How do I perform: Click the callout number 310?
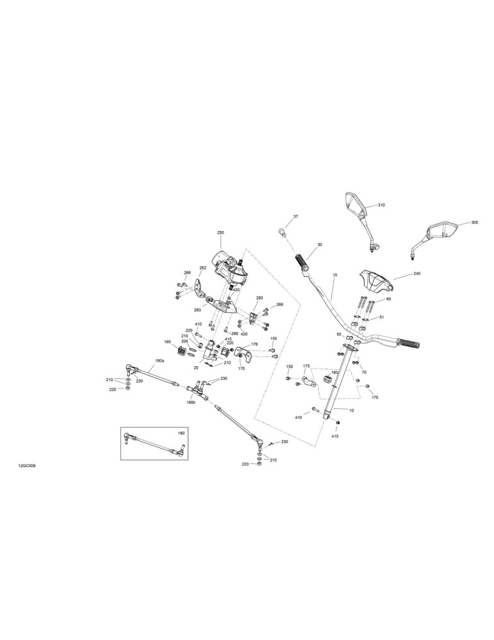tap(381, 205)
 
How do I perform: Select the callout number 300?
tap(474, 223)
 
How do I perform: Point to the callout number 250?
tap(220, 233)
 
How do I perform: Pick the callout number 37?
tap(295, 216)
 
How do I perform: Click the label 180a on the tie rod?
tap(160, 361)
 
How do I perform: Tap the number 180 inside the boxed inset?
tap(181, 433)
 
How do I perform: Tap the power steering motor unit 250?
tap(229, 269)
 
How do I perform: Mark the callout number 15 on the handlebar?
tap(334, 275)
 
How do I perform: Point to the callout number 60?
tap(388, 300)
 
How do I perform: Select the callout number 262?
tap(202, 268)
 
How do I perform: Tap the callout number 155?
tap(274, 339)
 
